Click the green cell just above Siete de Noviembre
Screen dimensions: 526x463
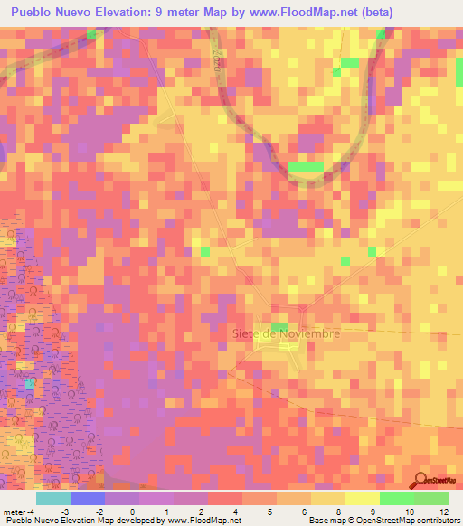coord(280,326)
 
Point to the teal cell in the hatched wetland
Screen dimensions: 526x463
coord(29,383)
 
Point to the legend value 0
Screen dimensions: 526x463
coord(132,512)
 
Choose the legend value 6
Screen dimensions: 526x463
coord(304,512)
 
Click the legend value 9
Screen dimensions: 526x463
coord(373,512)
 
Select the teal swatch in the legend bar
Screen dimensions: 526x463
coord(52,498)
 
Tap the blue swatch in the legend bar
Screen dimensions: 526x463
coord(87,498)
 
